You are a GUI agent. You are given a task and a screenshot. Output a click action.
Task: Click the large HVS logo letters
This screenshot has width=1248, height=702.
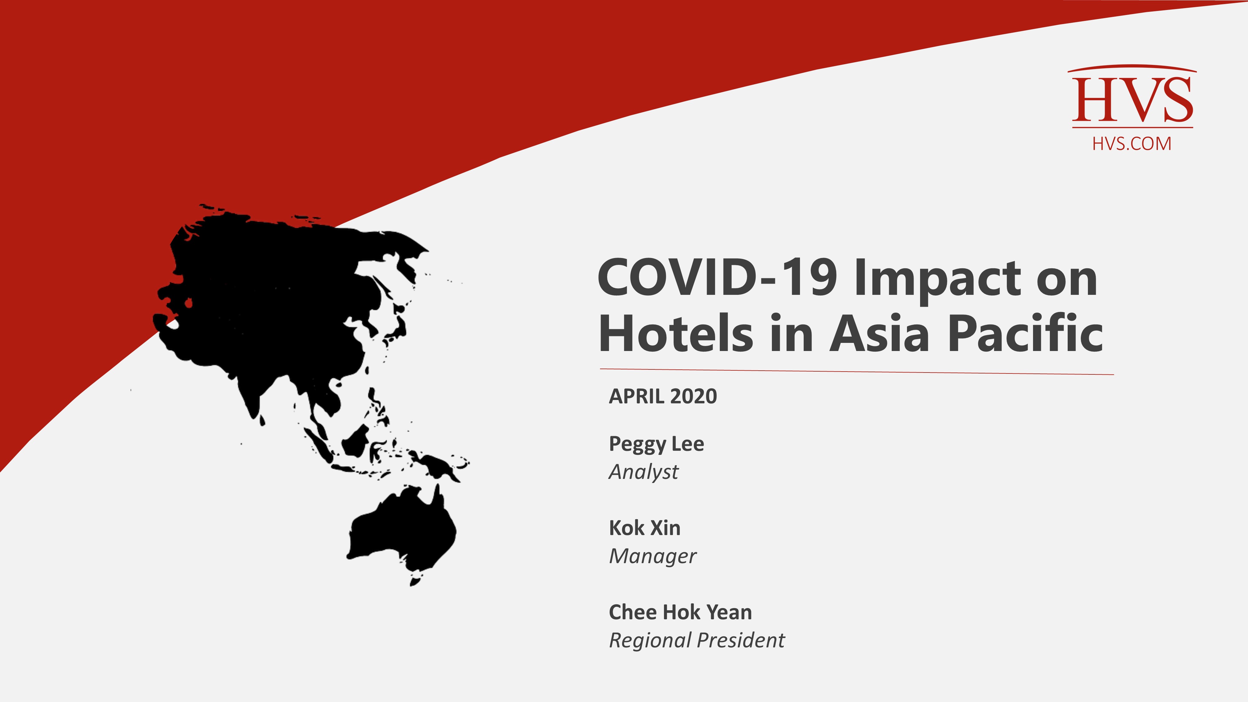1132,100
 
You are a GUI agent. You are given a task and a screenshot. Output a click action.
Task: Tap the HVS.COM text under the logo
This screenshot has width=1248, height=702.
1132,144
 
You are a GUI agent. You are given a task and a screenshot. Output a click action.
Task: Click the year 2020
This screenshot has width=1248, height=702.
694,396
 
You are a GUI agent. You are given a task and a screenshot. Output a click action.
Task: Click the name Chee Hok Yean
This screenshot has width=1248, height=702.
680,612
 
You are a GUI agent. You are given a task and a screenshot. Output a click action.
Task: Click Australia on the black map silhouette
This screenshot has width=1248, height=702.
402,533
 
